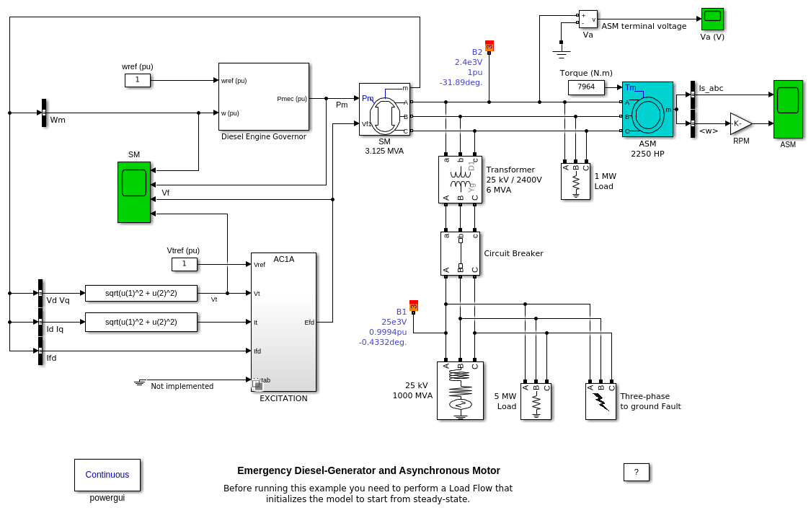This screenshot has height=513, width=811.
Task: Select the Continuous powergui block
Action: (107, 475)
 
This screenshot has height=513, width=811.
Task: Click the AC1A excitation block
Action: (283, 322)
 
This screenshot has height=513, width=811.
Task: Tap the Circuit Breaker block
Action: (460, 253)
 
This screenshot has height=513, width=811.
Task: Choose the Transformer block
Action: (459, 180)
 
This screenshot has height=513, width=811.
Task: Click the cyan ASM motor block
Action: (647, 109)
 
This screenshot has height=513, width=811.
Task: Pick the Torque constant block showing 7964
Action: (586, 87)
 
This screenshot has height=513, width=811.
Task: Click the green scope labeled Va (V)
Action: (712, 18)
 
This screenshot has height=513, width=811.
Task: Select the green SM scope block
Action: (134, 192)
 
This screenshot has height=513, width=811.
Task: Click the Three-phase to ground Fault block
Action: (601, 401)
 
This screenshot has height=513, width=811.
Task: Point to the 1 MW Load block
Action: (575, 181)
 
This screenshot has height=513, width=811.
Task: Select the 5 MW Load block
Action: (536, 401)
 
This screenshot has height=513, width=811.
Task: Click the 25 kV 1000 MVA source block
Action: (460, 390)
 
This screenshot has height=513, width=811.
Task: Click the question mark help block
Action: (636, 472)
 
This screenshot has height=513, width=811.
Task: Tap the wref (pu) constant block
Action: (137, 80)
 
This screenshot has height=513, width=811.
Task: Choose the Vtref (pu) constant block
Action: (184, 264)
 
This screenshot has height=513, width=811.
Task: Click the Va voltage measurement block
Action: (588, 19)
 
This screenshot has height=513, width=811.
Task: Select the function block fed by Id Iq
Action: (141, 322)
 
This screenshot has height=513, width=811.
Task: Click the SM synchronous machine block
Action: (384, 109)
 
